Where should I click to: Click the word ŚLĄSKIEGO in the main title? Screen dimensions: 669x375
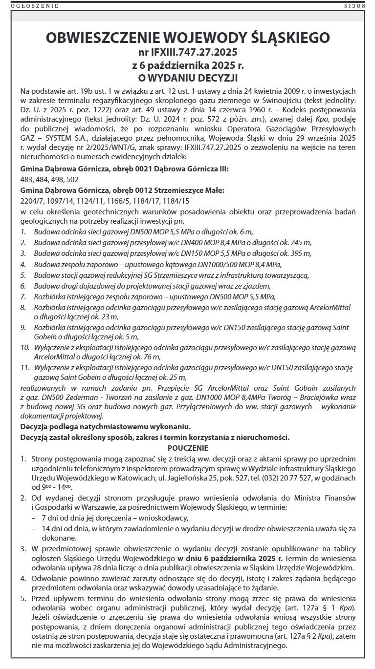[284, 38]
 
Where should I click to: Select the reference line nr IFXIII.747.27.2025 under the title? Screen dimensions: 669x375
[188, 51]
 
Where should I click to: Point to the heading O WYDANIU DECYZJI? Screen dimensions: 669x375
[188, 78]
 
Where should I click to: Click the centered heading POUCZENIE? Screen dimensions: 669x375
[188, 448]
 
